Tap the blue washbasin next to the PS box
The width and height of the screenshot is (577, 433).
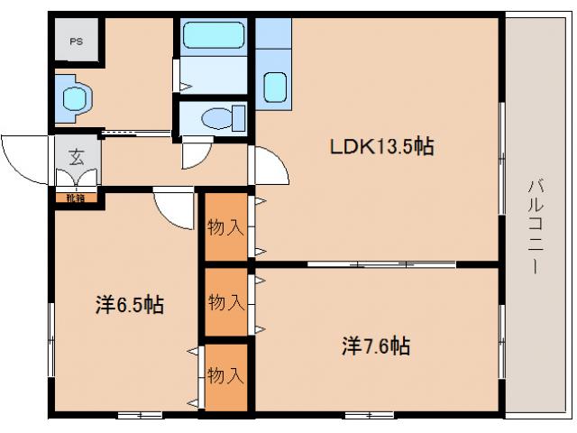[72, 97]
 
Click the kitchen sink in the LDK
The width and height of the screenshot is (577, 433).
[275, 88]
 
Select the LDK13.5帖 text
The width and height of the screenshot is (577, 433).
[378, 146]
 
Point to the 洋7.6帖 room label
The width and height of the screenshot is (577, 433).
[376, 345]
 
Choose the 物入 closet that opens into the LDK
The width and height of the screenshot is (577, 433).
[225, 226]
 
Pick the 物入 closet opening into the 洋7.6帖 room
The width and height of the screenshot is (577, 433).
[225, 301]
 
